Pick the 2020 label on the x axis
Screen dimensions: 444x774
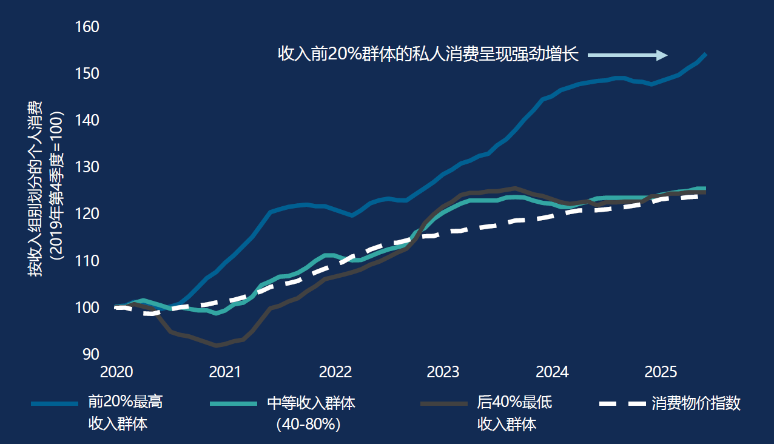pos(116,372)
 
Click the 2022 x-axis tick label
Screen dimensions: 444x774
pos(335,372)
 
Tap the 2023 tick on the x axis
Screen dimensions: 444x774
pos(443,372)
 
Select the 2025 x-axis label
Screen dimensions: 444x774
pos(661,372)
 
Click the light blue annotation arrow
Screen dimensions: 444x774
pos(628,55)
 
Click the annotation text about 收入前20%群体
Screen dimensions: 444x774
pos(428,55)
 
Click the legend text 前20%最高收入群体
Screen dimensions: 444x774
pos(125,412)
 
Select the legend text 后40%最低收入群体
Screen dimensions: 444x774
pos(514,412)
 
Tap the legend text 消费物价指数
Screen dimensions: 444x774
pos(696,403)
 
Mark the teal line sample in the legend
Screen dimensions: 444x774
pos(232,403)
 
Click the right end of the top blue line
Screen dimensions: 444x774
pos(705,55)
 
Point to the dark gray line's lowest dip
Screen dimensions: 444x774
pos(216,345)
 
